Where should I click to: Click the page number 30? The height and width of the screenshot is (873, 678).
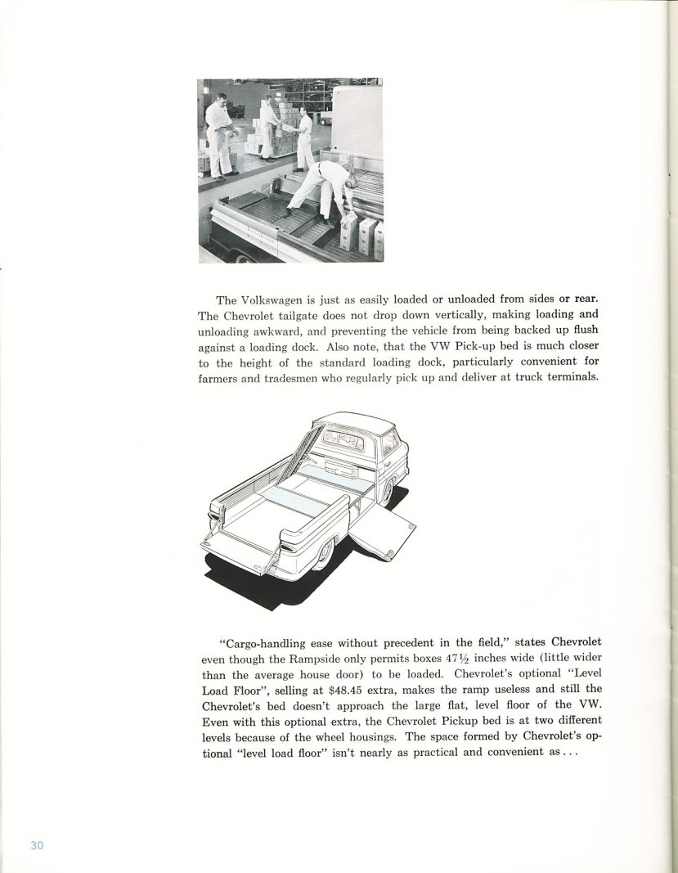coord(36,845)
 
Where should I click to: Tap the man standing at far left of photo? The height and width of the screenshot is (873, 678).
coord(218,135)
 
